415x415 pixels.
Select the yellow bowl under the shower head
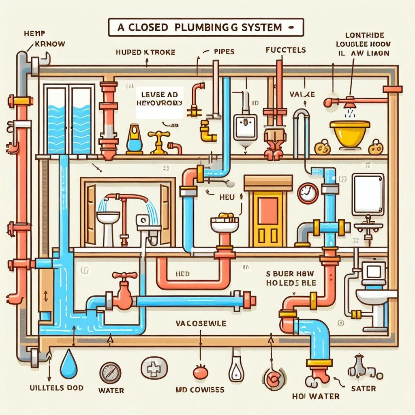pos(347,130)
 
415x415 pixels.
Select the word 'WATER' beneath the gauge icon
pos(111,391)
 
